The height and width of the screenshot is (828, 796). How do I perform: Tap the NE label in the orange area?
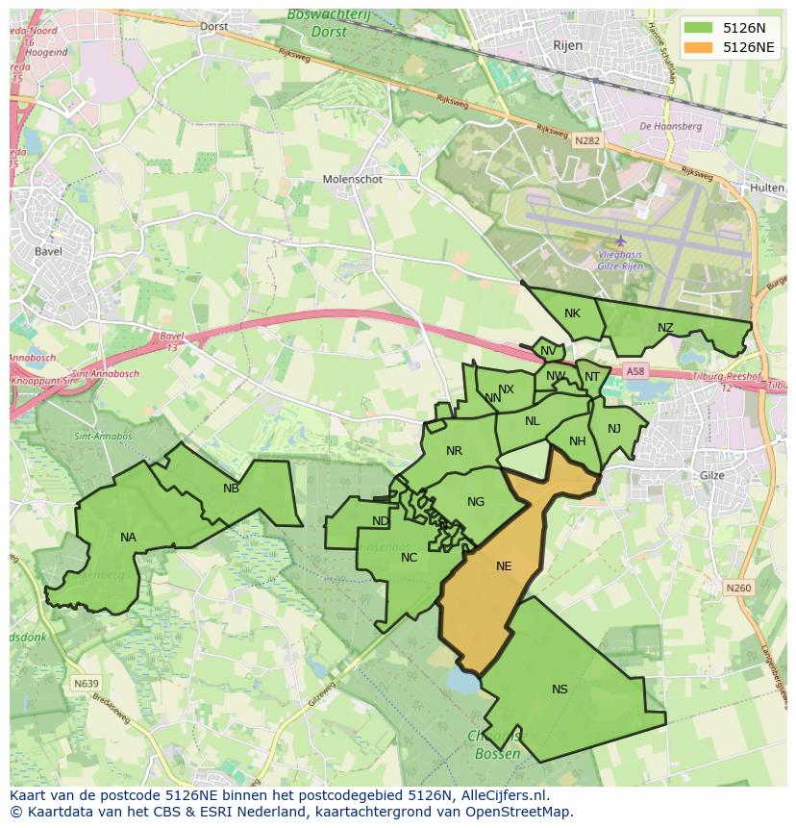click(504, 566)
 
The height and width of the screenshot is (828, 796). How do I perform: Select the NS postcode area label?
click(560, 689)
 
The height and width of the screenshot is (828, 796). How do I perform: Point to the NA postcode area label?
click(128, 538)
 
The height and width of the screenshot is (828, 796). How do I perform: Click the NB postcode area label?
click(231, 489)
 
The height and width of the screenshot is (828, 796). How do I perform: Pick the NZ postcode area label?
click(665, 328)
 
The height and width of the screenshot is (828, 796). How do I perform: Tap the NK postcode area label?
click(572, 314)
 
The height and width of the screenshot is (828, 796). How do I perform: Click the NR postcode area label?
click(454, 451)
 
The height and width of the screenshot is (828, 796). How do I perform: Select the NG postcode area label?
click(476, 502)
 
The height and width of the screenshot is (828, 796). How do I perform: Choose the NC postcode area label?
click(409, 558)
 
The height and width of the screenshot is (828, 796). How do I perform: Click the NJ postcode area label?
click(614, 429)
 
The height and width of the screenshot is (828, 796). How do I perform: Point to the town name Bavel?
click(47, 252)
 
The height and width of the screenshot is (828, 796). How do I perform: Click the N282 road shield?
click(587, 140)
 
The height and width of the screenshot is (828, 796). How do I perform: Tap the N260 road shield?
click(738, 588)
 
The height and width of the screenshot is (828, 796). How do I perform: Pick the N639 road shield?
click(86, 684)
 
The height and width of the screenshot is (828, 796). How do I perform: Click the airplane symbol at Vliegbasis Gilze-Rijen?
click(620, 240)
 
